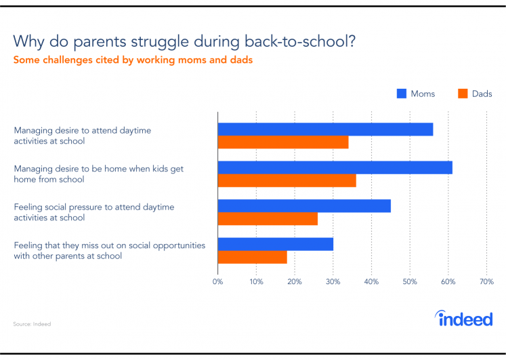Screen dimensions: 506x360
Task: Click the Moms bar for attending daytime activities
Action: point(325,129)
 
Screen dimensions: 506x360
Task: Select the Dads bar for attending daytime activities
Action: point(283,142)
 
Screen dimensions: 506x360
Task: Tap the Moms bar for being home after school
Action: point(335,167)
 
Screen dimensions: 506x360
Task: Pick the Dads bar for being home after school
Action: point(287,180)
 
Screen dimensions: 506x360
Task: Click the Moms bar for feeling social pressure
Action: point(304,206)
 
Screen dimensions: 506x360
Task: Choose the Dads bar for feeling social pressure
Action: point(268,218)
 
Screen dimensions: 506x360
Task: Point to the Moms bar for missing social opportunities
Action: point(276,244)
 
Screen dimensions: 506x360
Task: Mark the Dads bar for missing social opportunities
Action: point(253,257)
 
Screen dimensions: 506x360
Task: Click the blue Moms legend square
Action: point(402,94)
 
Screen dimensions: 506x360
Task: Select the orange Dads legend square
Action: point(463,94)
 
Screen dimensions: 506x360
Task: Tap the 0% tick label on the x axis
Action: point(218,281)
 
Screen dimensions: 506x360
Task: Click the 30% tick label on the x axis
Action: point(333,281)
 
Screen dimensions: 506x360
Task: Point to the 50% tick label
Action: point(410,281)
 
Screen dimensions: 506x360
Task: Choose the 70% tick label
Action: point(486,281)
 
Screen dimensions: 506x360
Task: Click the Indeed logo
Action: point(464,319)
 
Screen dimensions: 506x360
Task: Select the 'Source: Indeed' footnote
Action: point(32,324)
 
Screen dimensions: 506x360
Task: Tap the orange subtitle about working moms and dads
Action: point(133,60)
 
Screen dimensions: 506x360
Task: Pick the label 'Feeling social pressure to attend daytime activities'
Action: point(94,212)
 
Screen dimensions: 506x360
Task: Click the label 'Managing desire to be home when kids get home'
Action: point(98,174)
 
